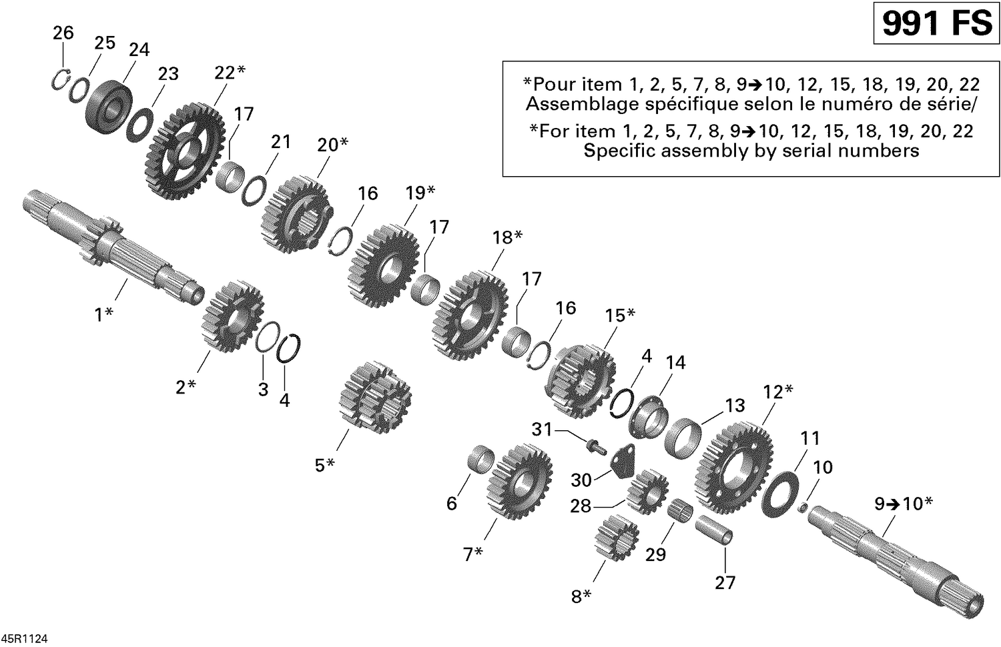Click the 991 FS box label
(x=936, y=24)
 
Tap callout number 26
(x=63, y=32)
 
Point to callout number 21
(x=280, y=141)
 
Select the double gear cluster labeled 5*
(x=374, y=399)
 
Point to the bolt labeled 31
(x=593, y=444)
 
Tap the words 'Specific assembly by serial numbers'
(x=751, y=151)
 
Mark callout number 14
(x=675, y=362)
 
